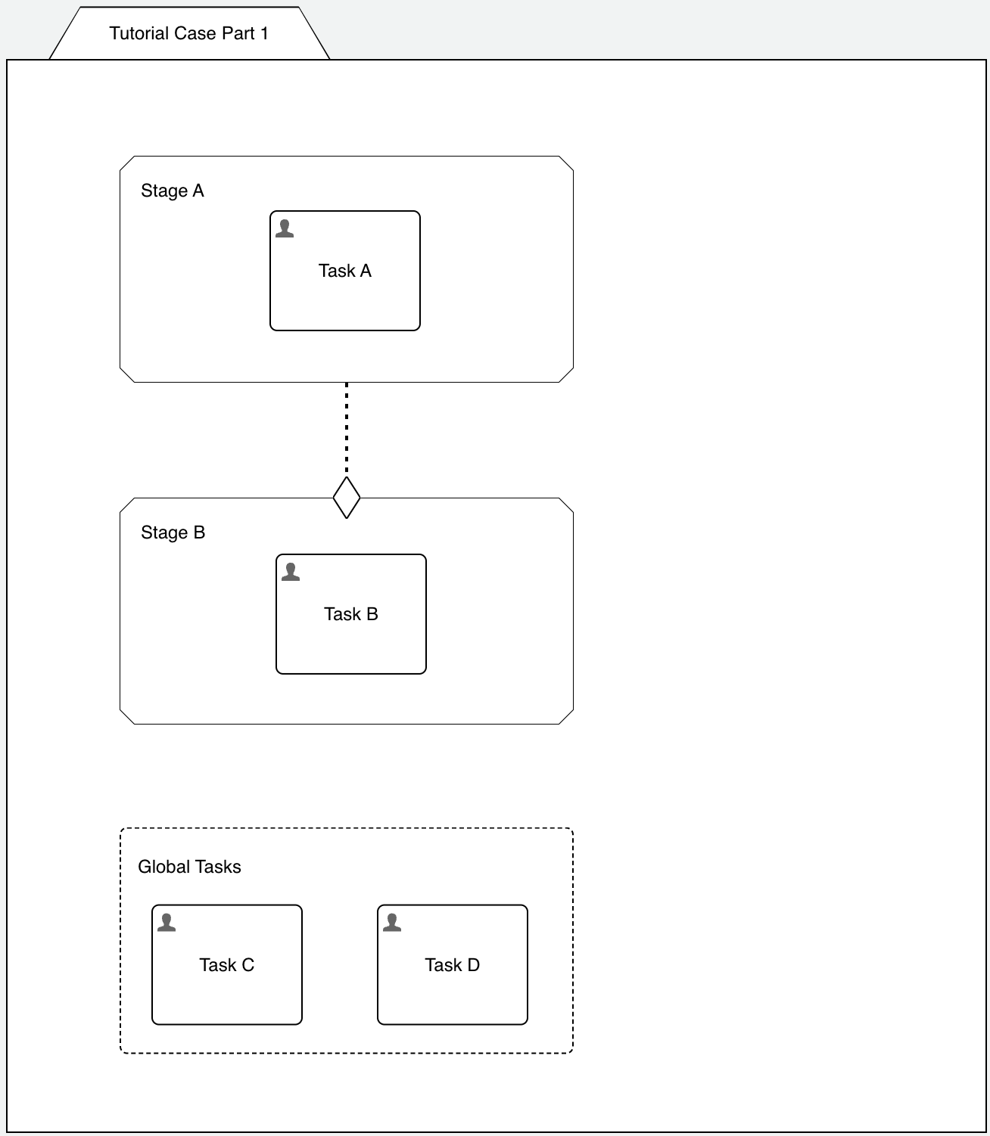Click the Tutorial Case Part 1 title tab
tap(189, 33)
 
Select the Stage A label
tap(173, 191)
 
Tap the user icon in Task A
tap(285, 228)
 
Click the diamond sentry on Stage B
tap(347, 498)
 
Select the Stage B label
tap(173, 532)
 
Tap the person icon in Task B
tap(291, 572)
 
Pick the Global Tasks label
tap(189, 867)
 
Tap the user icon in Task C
tap(167, 923)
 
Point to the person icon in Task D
tap(392, 923)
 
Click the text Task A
tap(345, 271)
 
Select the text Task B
tap(351, 614)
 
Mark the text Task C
tap(227, 965)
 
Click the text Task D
tap(453, 965)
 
